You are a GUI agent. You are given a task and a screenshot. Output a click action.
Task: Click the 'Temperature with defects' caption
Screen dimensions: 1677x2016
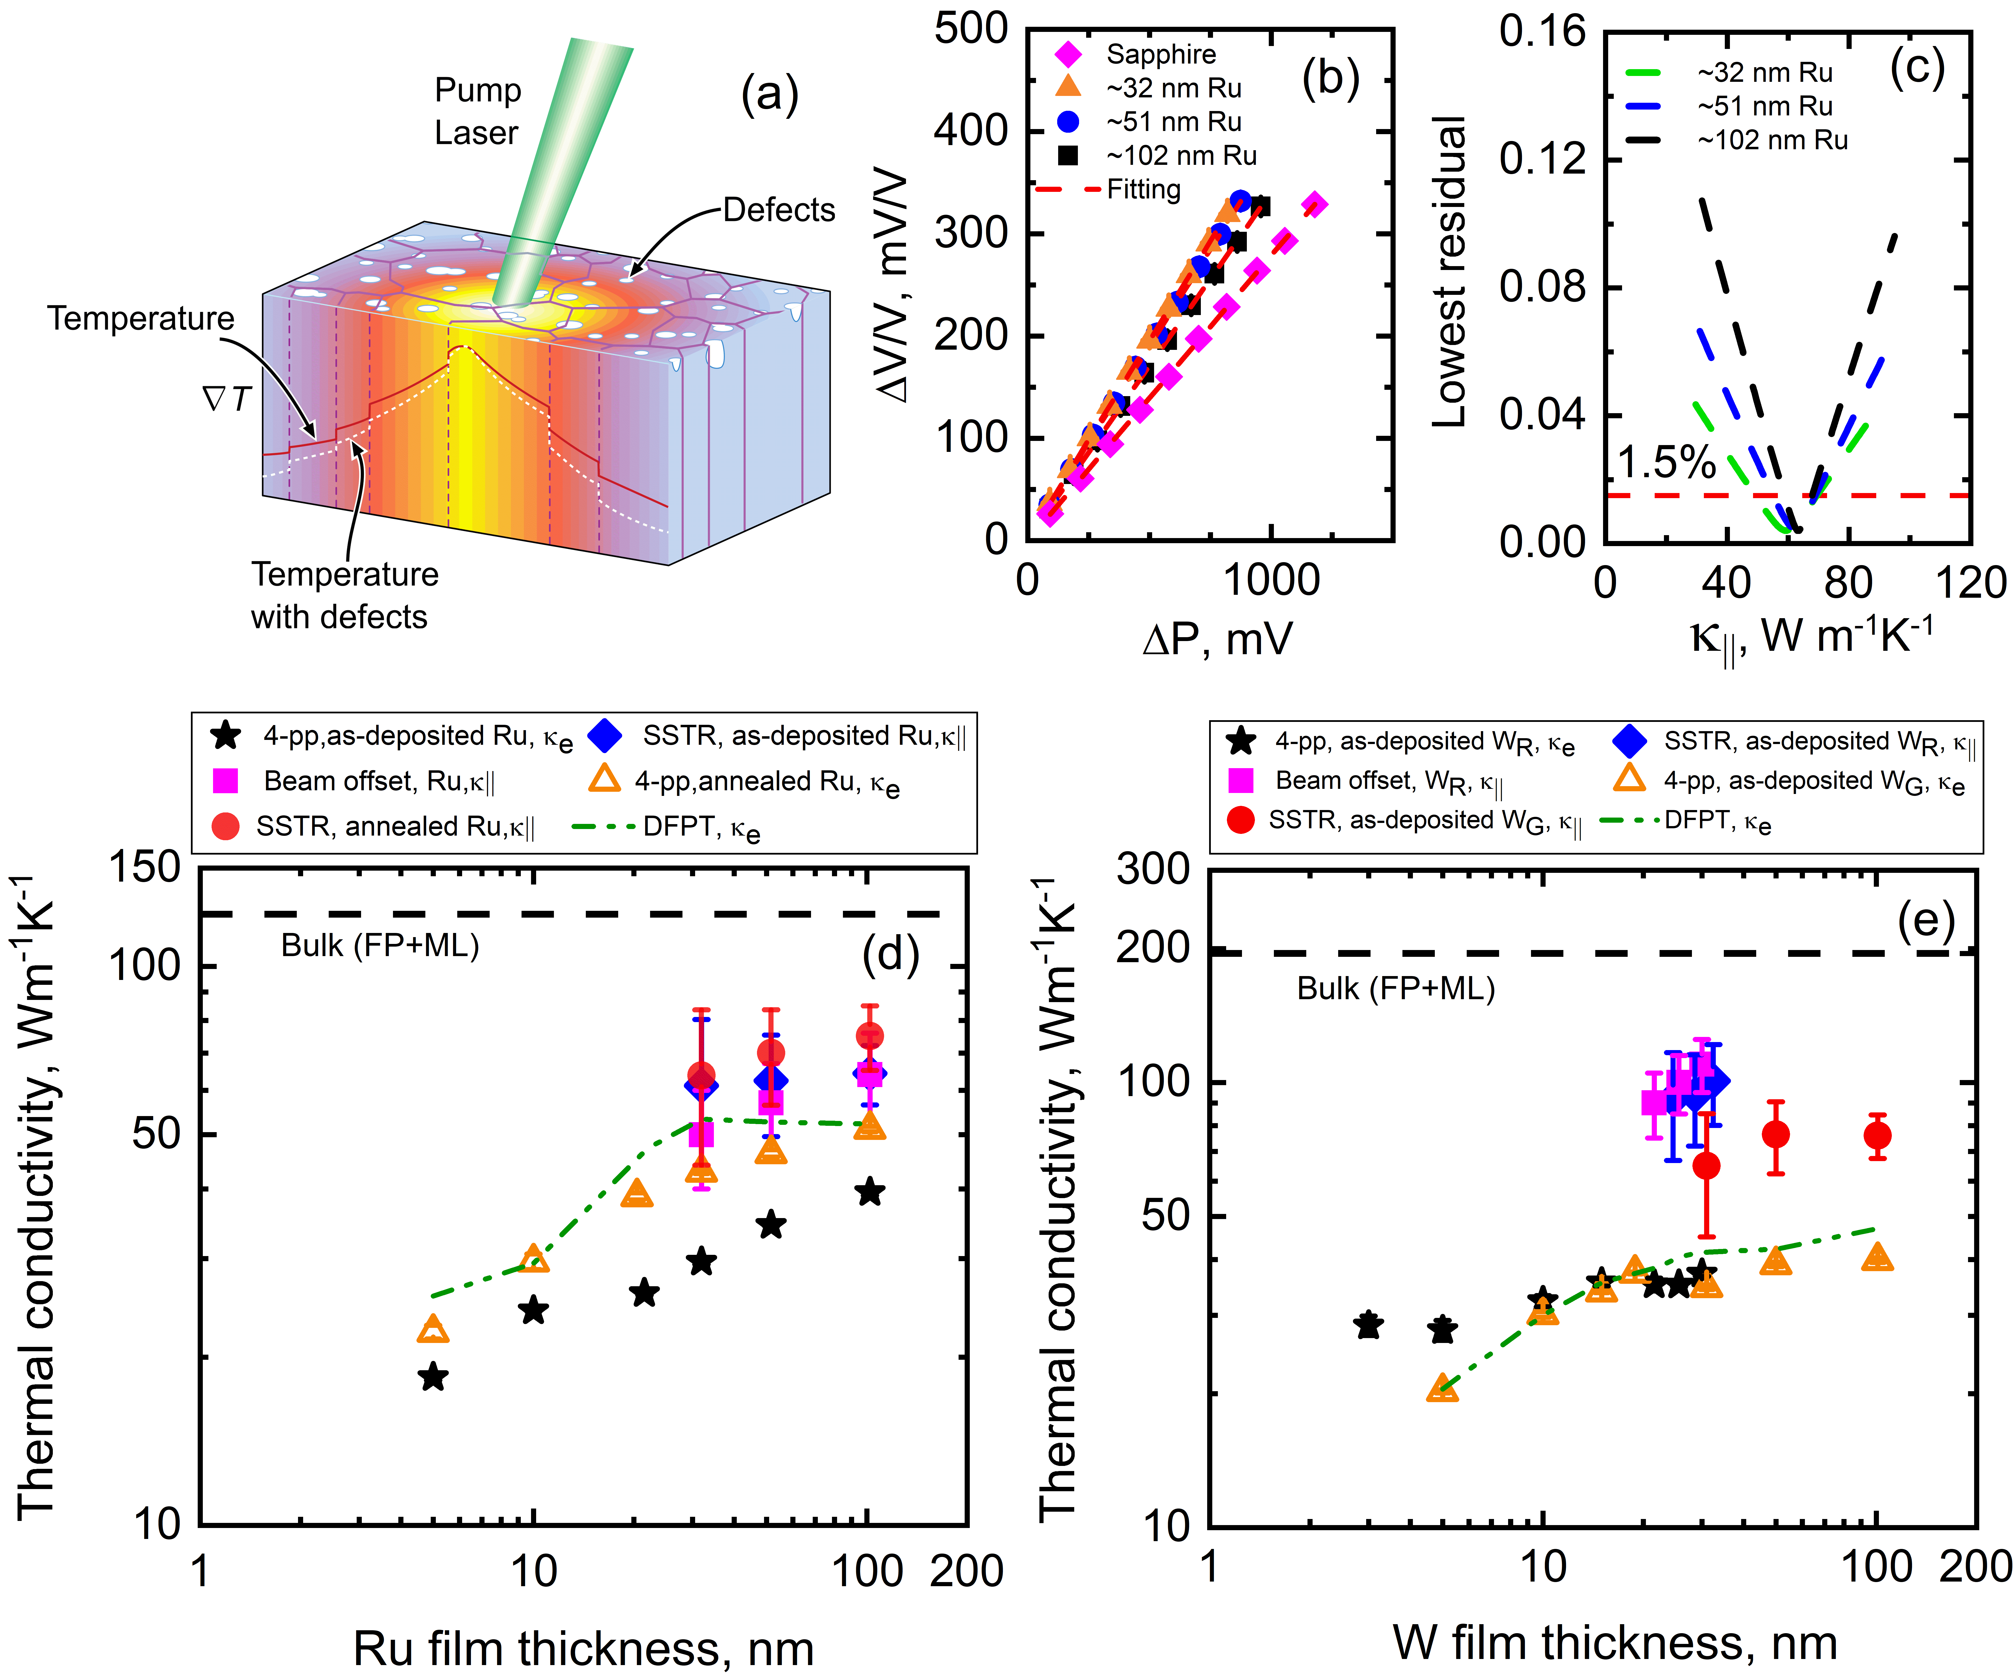(x=344, y=595)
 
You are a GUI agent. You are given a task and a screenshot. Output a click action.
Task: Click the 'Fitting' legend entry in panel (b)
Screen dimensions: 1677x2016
(x=1142, y=189)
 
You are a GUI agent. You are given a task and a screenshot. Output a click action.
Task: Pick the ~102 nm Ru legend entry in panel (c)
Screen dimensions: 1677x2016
(x=1771, y=140)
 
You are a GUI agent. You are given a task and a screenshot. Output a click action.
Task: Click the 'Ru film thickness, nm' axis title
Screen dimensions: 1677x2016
(x=584, y=1647)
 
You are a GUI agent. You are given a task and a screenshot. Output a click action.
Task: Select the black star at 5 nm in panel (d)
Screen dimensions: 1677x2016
(x=434, y=1377)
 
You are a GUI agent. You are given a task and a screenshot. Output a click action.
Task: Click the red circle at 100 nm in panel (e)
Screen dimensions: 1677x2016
(x=1877, y=1136)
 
